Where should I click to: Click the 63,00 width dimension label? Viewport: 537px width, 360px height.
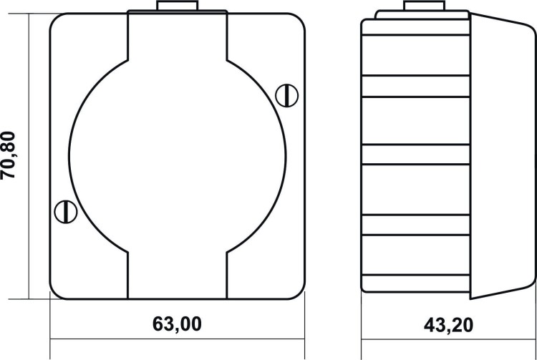[x=177, y=323]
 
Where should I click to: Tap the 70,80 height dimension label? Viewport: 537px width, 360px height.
[x=8, y=155]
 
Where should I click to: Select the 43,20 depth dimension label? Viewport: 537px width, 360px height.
[x=448, y=325]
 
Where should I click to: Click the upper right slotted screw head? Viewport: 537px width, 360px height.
[x=286, y=95]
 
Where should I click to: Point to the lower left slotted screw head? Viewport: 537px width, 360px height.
[x=66, y=212]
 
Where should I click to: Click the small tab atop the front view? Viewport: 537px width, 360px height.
[x=177, y=6]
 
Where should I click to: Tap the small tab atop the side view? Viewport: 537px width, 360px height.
[x=424, y=6]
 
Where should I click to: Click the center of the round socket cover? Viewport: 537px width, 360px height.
[x=177, y=156]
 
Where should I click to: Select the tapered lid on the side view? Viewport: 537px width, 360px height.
[x=503, y=156]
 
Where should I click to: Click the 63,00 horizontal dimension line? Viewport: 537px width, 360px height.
[x=177, y=339]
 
